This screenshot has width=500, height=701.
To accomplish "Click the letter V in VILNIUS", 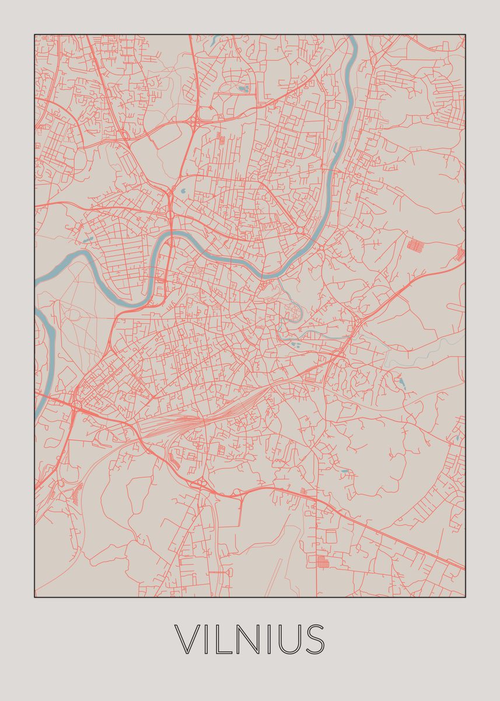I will [188, 639].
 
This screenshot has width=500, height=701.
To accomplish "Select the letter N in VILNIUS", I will [250, 639].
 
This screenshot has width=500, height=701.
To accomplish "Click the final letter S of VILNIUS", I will [315, 639].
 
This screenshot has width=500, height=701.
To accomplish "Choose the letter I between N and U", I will [270, 639].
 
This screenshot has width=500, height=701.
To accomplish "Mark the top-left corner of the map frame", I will [34, 34].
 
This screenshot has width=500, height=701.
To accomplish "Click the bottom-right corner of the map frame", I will [465, 597].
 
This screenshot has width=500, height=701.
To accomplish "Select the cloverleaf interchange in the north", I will [194, 122].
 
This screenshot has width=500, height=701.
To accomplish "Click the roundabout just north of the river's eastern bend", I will [299, 232].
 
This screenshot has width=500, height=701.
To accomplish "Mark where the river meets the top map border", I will [352, 36].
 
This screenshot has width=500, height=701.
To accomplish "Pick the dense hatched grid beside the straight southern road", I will [322, 562].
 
